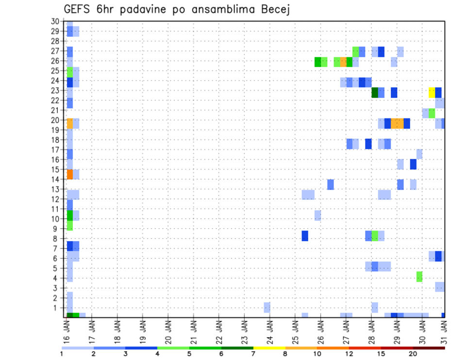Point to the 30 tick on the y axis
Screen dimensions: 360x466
55,21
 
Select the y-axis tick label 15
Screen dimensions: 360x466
55,169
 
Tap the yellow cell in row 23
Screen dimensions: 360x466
432,92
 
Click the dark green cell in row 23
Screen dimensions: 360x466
375,92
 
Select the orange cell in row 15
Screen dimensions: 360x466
69,174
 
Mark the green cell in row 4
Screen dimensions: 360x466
419,277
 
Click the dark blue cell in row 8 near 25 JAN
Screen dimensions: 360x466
305,236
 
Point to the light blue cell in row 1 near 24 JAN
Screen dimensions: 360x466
267,307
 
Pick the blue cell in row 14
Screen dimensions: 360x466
331,184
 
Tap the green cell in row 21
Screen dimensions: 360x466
432,113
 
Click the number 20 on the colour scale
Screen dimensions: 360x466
413,354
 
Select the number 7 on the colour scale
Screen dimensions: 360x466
253,354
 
